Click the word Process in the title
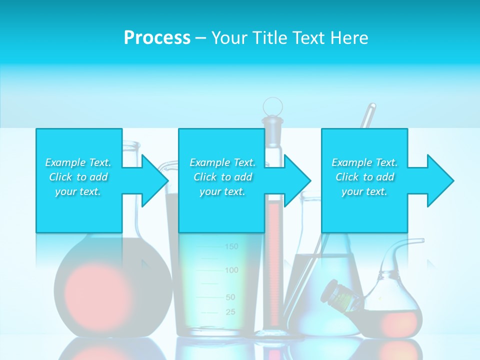(x=157, y=38)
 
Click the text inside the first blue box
(x=78, y=177)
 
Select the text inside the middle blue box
(x=222, y=177)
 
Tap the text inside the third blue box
(x=364, y=177)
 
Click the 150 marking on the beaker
(x=231, y=246)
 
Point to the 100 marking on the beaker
(x=231, y=270)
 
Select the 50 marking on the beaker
(x=230, y=297)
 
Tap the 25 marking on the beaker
(x=230, y=312)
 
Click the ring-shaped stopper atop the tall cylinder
(x=273, y=106)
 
